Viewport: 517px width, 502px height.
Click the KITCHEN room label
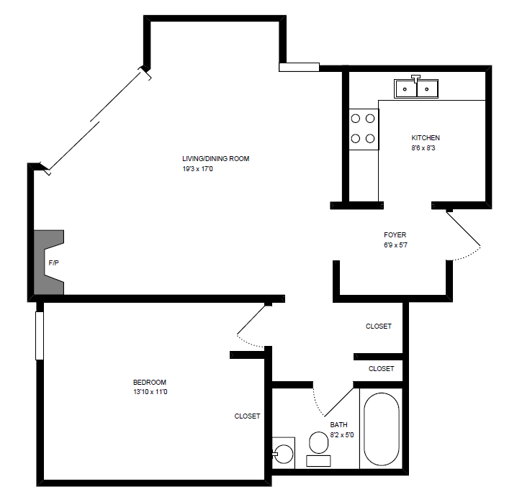point(425,137)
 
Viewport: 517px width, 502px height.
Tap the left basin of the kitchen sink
point(406,89)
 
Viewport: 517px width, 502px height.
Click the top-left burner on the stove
point(356,119)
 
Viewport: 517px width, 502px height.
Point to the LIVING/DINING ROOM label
point(215,158)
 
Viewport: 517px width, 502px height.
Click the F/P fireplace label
point(53,263)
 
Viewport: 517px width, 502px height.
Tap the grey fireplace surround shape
point(45,263)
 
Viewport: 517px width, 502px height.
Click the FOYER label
point(395,234)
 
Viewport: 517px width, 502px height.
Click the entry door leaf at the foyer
point(464,230)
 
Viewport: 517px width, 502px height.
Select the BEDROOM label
point(150,382)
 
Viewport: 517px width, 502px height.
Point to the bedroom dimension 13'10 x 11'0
point(150,392)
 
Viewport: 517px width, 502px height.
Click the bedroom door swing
point(252,324)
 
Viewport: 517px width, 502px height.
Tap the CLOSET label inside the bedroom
point(247,416)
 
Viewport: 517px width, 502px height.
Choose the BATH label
point(338,424)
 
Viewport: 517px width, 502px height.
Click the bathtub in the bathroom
point(380,429)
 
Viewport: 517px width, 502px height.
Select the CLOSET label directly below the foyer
point(379,326)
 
